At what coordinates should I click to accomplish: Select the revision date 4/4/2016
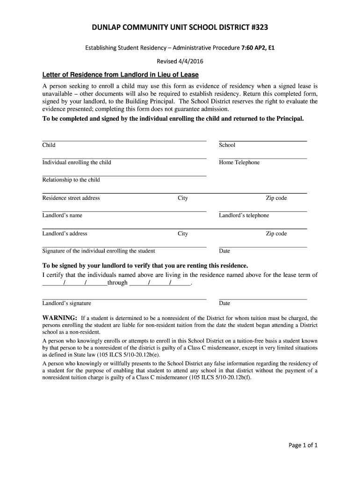[190, 61]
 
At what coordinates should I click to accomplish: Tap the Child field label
[49, 145]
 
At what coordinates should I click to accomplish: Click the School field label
[227, 145]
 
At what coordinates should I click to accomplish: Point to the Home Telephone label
[239, 163]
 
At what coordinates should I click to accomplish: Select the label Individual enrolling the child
[77, 163]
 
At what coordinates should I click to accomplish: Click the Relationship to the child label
[71, 180]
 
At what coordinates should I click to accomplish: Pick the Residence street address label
[71, 198]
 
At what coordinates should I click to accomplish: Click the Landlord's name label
[62, 216]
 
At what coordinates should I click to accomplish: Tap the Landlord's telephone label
[244, 216]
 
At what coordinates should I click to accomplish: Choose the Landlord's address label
[65, 234]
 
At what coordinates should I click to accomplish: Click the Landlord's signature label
[67, 304]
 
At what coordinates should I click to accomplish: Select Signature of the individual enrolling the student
[99, 251]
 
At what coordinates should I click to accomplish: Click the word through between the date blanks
[117, 283]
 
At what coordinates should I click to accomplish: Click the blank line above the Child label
[124, 140]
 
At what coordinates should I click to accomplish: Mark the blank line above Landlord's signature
[124, 298]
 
